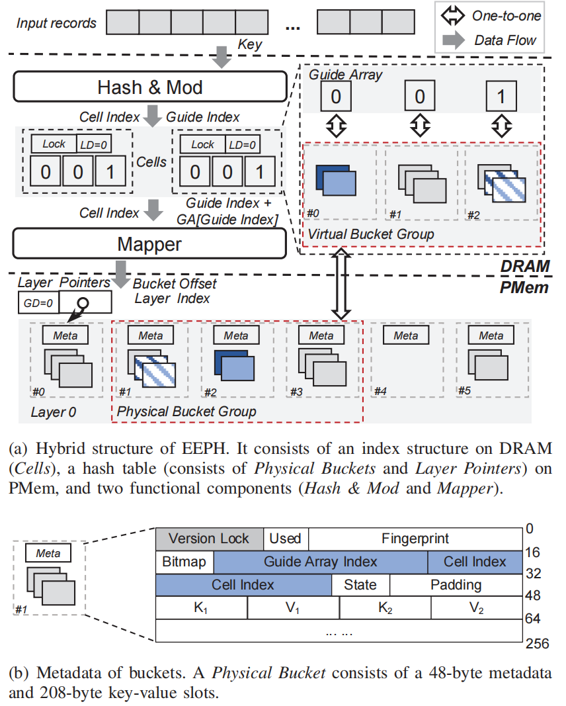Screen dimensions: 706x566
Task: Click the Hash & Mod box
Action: coord(150,87)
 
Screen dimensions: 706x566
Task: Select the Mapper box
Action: coord(150,244)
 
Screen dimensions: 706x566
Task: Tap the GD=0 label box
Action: coord(37,303)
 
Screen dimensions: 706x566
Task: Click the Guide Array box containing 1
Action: coord(501,97)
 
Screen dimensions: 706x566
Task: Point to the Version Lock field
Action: coord(209,539)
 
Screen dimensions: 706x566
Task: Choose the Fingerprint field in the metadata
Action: coord(415,539)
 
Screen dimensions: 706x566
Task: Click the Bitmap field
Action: coord(184,562)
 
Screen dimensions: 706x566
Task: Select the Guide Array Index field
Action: coord(321,562)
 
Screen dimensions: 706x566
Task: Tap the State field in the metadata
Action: coord(360,585)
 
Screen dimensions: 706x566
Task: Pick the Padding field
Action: coord(456,585)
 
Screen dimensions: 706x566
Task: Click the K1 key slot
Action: coord(201,608)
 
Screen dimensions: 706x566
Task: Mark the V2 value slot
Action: coord(477,608)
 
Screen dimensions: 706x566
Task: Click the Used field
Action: coord(286,539)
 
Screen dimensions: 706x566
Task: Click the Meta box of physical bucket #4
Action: coord(406,335)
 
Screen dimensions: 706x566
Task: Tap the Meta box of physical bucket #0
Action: coord(65,335)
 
